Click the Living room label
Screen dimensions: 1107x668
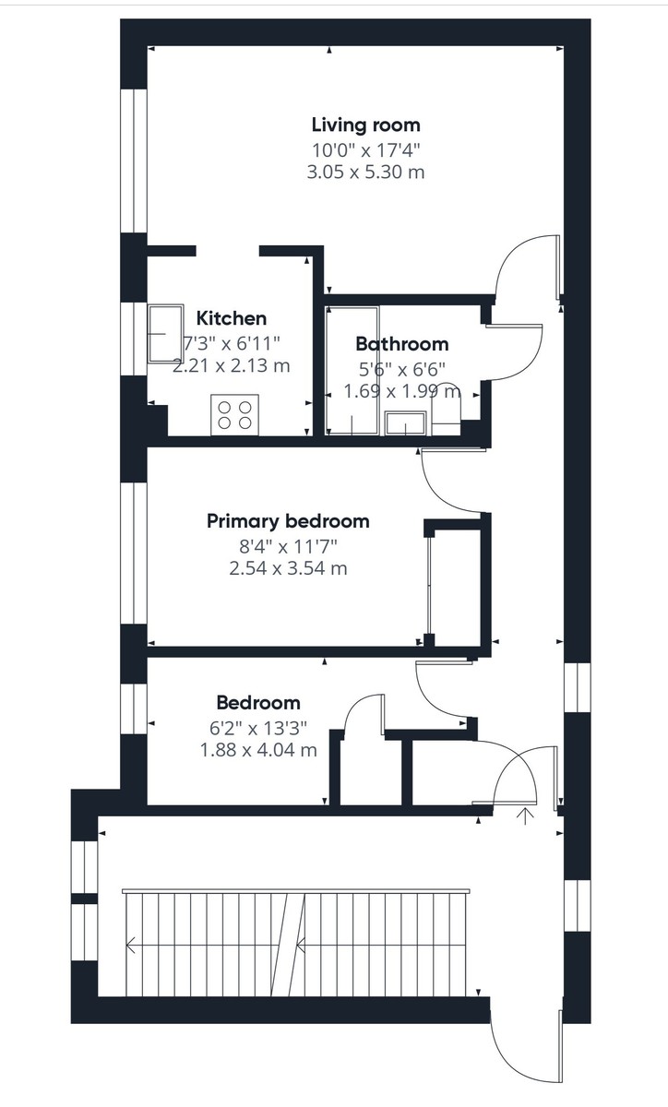365,125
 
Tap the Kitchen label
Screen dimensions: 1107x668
233,319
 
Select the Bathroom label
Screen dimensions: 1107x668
402,344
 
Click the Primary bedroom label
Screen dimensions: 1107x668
288,521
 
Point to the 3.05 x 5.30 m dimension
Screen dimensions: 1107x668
365,173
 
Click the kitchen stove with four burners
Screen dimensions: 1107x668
233,413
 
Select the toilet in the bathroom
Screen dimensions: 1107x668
446,411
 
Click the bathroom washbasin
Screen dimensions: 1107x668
405,423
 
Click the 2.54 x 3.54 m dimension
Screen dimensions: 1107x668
288,568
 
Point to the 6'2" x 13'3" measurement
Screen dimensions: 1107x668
258,727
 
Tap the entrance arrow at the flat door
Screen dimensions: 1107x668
527,815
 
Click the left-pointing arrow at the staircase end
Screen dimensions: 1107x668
133,945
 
